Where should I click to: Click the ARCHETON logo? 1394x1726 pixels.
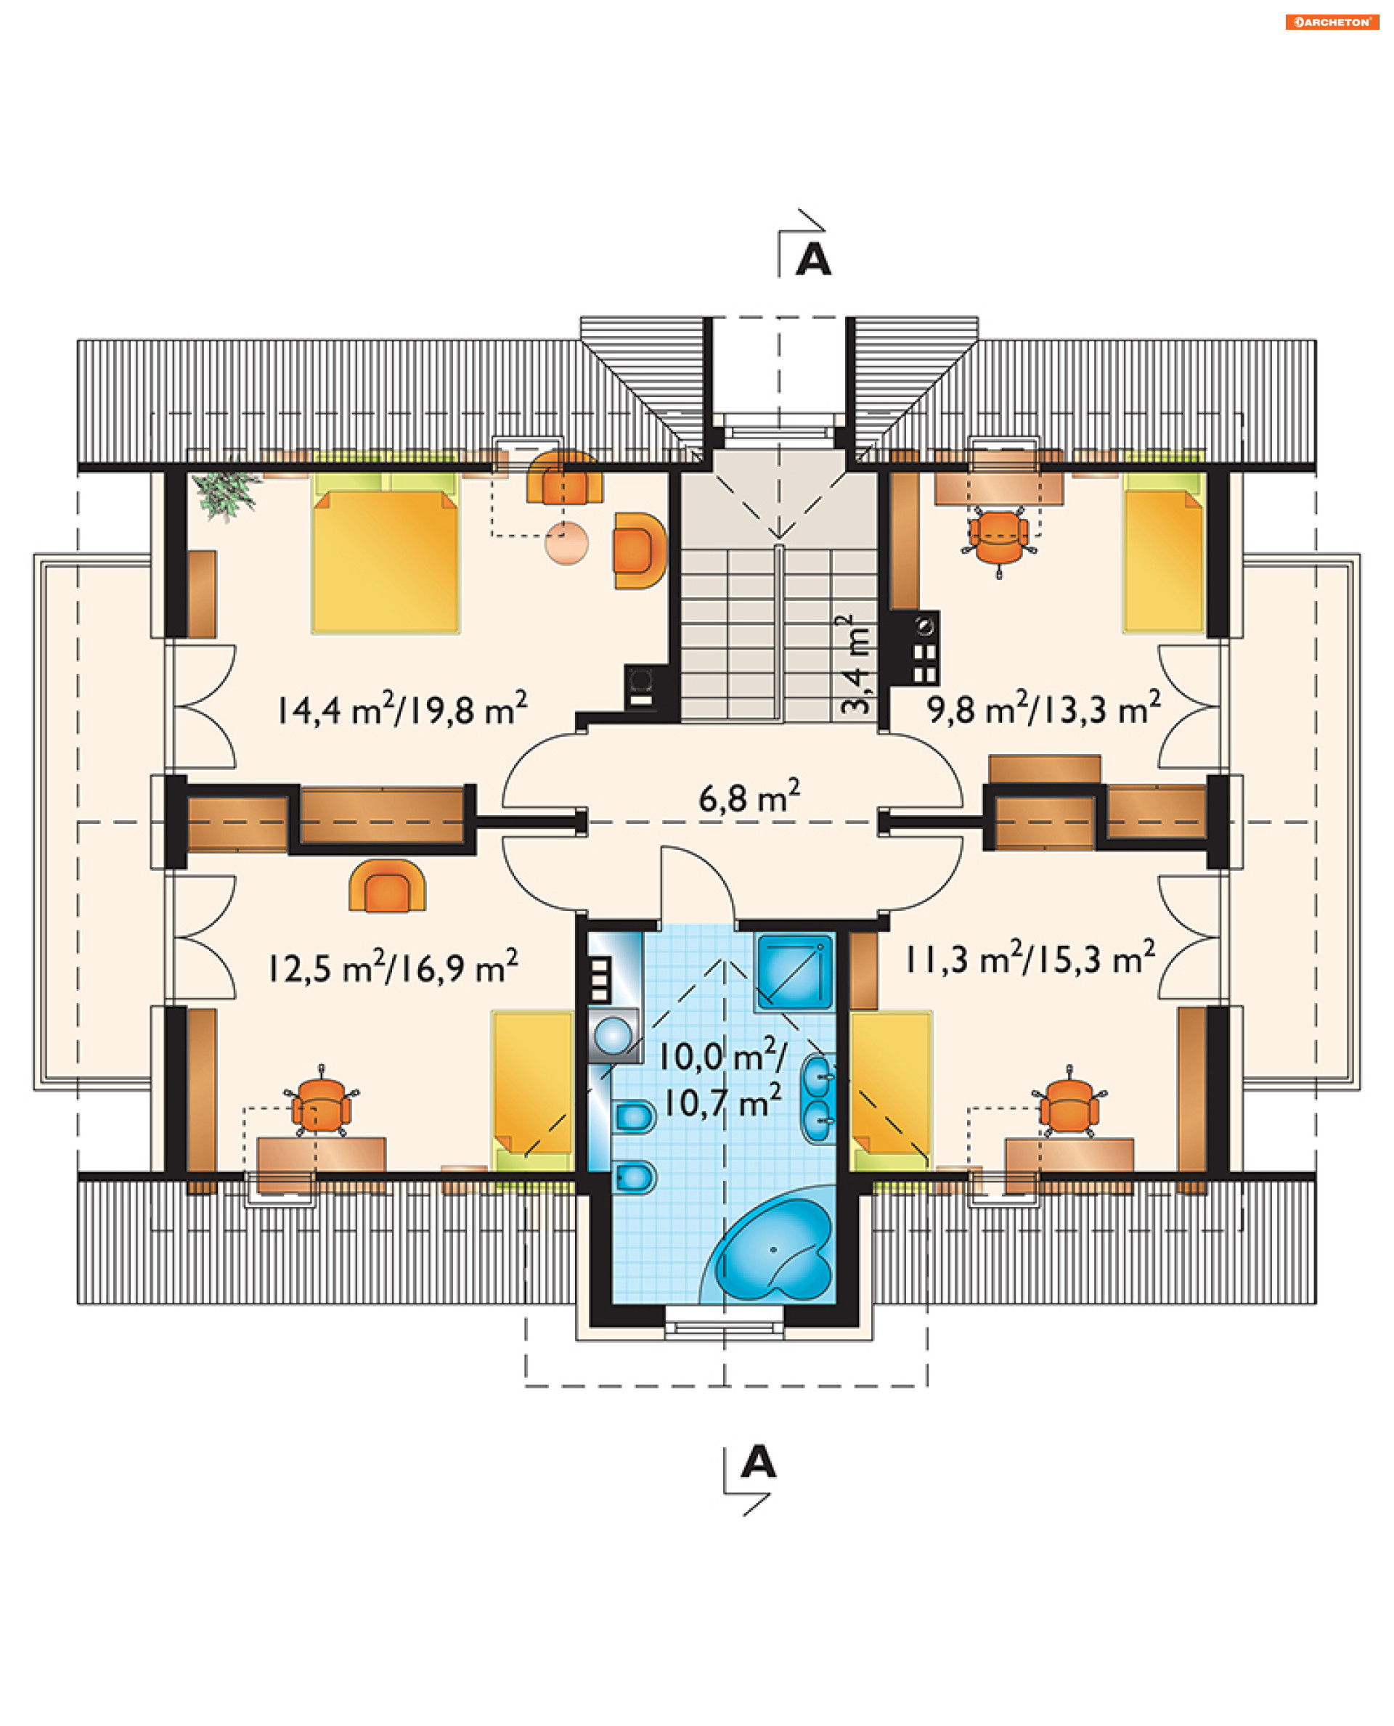pos(1332,22)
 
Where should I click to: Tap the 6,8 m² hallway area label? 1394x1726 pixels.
pos(749,797)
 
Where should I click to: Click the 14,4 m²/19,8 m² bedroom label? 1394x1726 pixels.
pos(402,709)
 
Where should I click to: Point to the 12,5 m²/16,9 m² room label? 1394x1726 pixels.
pos(394,967)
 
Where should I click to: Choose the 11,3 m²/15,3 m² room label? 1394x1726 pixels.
pos(1030,958)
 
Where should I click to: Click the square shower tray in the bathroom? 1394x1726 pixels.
pos(794,971)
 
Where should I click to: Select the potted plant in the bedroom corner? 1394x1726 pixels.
pos(227,493)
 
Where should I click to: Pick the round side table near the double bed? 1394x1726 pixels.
pos(566,544)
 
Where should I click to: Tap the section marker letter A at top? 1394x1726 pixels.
pos(812,259)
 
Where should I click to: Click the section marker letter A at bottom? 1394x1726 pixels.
pos(758,1462)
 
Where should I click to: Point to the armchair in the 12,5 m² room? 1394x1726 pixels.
pos(387,886)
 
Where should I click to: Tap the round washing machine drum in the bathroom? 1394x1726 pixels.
pos(613,1036)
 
